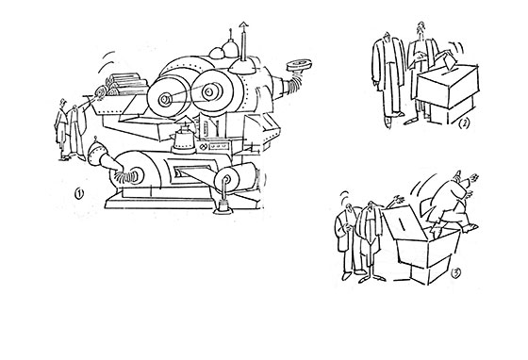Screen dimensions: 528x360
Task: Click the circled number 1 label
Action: click(x=79, y=194)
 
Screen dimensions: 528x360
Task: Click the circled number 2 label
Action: click(x=464, y=123)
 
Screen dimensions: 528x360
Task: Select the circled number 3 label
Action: click(x=455, y=273)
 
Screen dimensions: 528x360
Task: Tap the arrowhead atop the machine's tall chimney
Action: click(x=243, y=25)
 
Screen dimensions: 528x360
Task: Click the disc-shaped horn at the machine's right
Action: click(x=299, y=65)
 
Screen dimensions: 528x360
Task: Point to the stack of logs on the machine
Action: click(x=126, y=84)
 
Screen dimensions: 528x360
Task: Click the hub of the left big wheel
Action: click(x=165, y=100)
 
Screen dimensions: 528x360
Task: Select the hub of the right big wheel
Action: click(x=208, y=91)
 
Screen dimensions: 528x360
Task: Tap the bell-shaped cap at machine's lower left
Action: click(x=95, y=155)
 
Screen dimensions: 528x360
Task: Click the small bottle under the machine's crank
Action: click(x=223, y=205)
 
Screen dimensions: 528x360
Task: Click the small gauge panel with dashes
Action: click(x=219, y=147)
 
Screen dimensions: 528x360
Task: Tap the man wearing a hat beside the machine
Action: click(x=61, y=129)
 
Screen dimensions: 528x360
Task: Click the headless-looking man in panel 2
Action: click(x=388, y=79)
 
